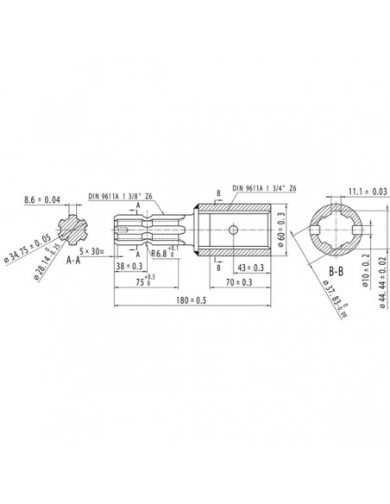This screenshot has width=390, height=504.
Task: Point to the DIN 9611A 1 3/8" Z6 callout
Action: pyautogui.click(x=125, y=196)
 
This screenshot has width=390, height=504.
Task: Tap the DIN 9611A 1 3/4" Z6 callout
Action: pyautogui.click(x=256, y=188)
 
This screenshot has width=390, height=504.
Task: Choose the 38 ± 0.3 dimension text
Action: pyautogui.click(x=131, y=268)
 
